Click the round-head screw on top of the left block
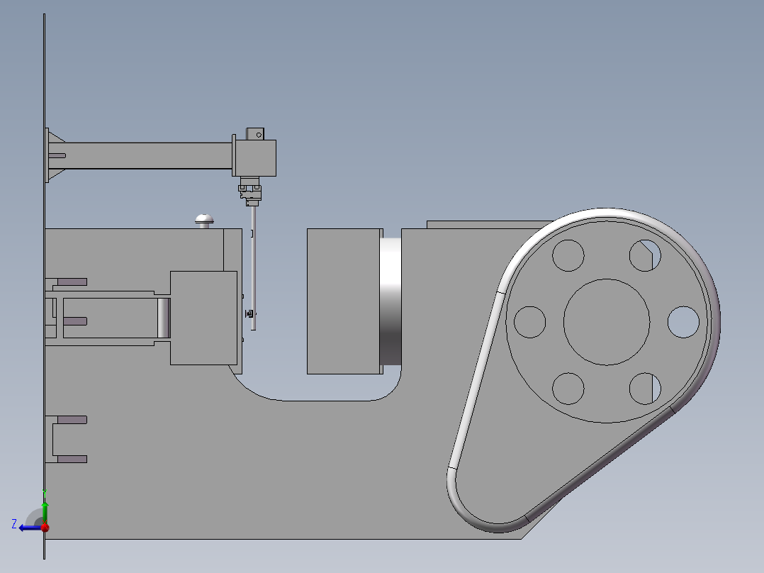coord(204,220)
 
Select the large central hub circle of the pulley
coord(607,321)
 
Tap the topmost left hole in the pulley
coord(568,255)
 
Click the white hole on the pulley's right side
coord(683,322)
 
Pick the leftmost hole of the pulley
coord(529,322)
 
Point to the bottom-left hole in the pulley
coord(568,388)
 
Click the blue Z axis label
coord(14,523)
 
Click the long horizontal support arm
coord(149,155)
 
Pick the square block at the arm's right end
coord(255,157)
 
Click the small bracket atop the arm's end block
coord(254,133)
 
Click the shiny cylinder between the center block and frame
coord(391,301)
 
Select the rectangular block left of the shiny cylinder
coord(344,301)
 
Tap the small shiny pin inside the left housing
coord(164,318)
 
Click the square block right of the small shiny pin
coord(203,318)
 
